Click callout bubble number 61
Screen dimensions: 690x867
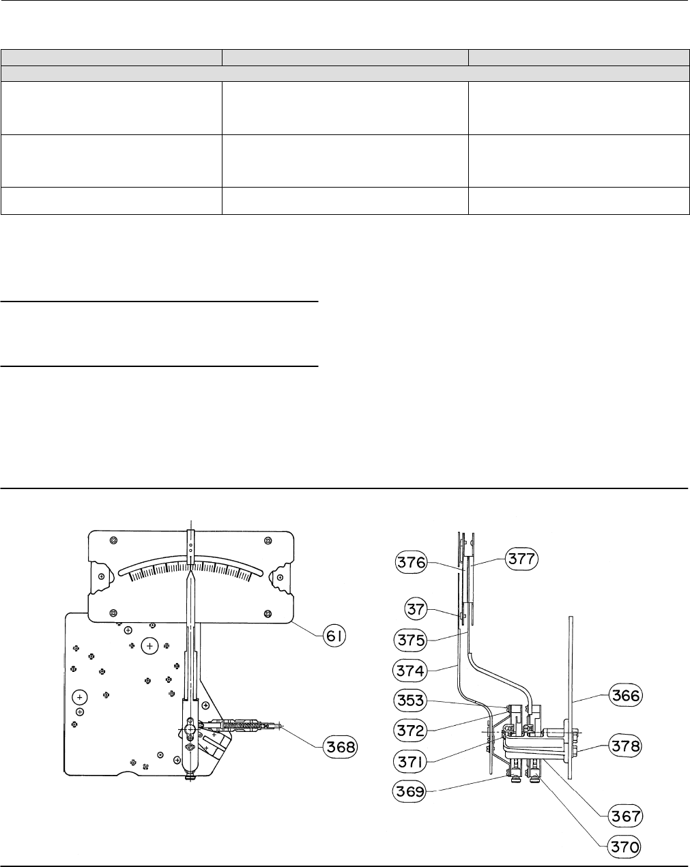[334, 636]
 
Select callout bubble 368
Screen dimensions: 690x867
[340, 747]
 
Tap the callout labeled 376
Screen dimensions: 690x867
[411, 562]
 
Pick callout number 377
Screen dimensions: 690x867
[521, 559]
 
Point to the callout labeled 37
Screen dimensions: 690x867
[416, 608]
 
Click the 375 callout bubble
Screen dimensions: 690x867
[410, 640]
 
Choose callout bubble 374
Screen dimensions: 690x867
[409, 671]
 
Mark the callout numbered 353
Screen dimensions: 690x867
[410, 700]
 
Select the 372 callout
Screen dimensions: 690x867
[410, 731]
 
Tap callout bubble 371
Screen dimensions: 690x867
[409, 762]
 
